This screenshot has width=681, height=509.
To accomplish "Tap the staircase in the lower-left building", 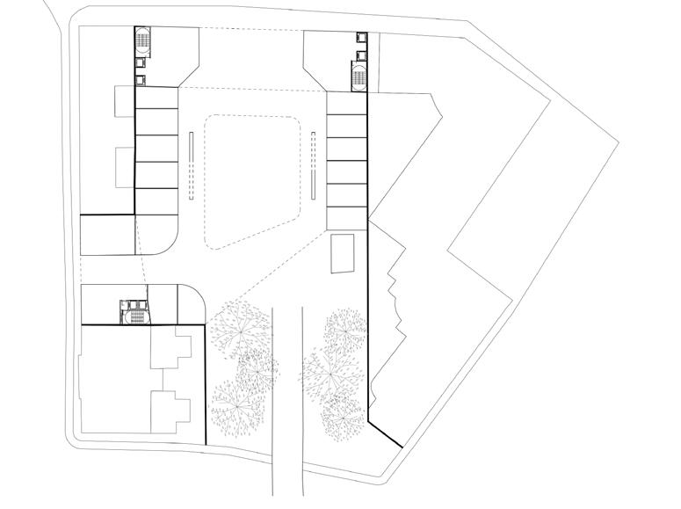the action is pos(134,312).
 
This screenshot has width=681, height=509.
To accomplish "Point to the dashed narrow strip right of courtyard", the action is pos(314,166).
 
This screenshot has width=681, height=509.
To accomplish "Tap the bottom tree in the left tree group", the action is pos(235,404).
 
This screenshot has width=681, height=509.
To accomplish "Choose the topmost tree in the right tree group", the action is pos(345,330).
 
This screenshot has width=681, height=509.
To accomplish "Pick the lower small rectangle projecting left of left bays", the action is pos(124,167).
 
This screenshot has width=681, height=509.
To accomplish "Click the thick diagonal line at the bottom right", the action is pos(385,433).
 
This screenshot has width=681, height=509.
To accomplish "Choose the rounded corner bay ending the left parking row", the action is pos(157,234).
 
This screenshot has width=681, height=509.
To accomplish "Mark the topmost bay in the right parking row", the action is pos(346,105).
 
